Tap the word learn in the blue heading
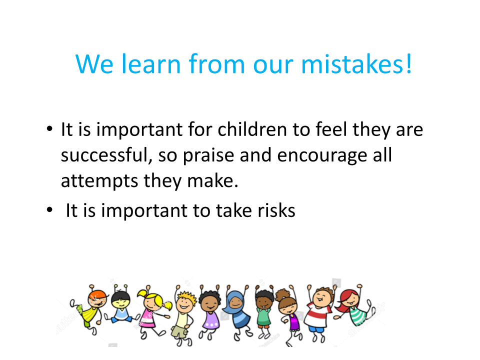click(151, 64)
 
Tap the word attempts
click(99, 181)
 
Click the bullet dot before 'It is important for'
click(49, 129)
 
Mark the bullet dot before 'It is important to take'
click(49, 210)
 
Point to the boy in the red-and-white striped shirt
click(319, 312)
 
